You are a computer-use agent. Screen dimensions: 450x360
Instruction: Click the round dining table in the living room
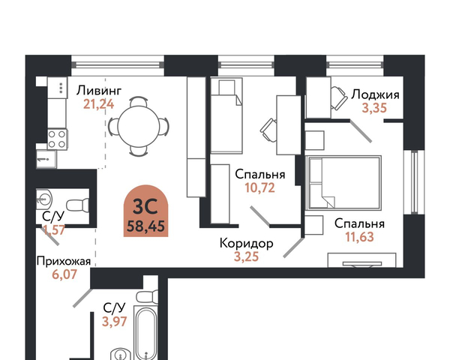point(138,126)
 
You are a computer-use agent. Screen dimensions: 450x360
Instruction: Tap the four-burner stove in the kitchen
point(57,139)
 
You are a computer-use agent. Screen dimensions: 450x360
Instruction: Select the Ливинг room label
point(99,91)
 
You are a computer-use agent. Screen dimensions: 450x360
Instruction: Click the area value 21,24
point(99,104)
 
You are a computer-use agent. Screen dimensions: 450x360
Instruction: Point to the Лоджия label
point(376,94)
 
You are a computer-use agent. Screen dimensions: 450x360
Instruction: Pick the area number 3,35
point(374,108)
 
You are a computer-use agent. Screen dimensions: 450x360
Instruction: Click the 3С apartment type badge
point(145,211)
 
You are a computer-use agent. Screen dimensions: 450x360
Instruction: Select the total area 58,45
point(145,226)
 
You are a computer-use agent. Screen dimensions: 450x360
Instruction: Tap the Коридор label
point(247,244)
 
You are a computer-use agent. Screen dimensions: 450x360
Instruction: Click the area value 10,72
point(260,187)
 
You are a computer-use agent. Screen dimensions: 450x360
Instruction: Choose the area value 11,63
point(359,237)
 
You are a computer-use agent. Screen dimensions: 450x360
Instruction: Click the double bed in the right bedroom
point(343,182)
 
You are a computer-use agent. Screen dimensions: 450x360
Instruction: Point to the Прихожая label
point(64,262)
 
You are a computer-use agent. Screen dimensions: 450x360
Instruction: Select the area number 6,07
point(64,274)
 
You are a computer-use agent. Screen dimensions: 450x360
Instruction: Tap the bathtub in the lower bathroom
point(146,333)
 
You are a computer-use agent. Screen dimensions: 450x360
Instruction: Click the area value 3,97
point(115,321)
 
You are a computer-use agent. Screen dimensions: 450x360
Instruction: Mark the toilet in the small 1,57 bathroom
point(77,205)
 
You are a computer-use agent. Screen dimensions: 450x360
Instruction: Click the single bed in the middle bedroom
point(226,115)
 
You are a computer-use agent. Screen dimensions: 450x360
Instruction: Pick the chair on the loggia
point(339,98)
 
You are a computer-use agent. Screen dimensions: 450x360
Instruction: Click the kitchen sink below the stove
point(46,159)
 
